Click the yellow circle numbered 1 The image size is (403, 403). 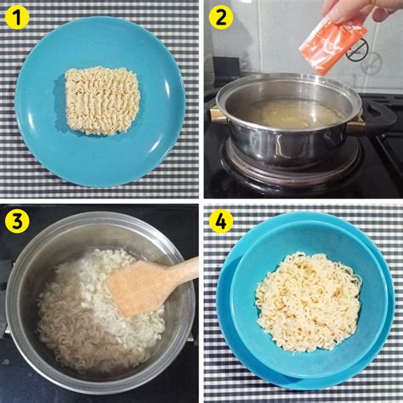pyautogui.click(x=17, y=17)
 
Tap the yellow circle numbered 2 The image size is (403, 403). pyautogui.click(x=221, y=17)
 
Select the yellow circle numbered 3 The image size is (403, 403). pyautogui.click(x=17, y=221)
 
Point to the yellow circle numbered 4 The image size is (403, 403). pyautogui.click(x=221, y=221)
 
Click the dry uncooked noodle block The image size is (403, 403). pyautogui.click(x=103, y=100)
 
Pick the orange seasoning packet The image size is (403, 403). pyautogui.click(x=333, y=47)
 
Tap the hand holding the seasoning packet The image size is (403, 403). pyautogui.click(x=360, y=11)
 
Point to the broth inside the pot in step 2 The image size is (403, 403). pyautogui.click(x=289, y=113)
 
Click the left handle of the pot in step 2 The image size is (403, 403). pyautogui.click(x=216, y=116)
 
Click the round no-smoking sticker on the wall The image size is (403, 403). pyautogui.click(x=357, y=50)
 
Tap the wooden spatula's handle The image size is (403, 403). pyautogui.click(x=181, y=270)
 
